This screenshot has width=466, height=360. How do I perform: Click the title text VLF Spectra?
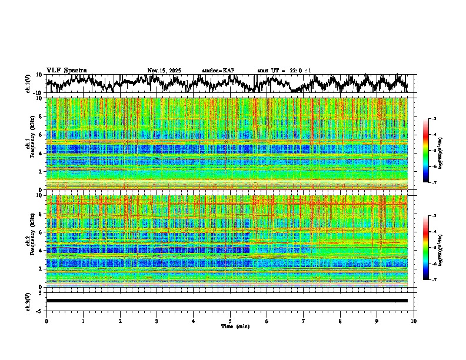[66, 71]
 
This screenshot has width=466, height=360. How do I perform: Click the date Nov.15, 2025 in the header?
[164, 71]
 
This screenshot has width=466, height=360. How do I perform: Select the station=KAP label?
[218, 71]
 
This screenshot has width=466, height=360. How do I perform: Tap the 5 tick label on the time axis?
[230, 321]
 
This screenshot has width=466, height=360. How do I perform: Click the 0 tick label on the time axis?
[46, 321]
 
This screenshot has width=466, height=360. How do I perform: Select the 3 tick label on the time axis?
[157, 321]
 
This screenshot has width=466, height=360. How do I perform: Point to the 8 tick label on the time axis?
[340, 321]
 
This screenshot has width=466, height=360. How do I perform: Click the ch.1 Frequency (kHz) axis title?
[31, 144]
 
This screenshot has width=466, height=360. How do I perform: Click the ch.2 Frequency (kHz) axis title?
[31, 241]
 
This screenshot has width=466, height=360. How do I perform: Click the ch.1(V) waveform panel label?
[28, 84]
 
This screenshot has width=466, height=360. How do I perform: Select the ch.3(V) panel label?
[28, 301]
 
